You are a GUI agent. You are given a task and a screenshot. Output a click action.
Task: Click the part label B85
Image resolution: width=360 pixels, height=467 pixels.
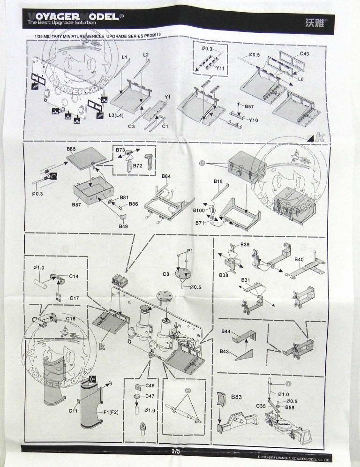[71, 149]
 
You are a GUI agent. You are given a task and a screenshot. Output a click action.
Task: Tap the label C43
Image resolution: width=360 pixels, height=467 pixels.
[304, 54]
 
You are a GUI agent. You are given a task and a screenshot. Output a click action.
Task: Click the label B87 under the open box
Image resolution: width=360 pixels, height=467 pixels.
[77, 205]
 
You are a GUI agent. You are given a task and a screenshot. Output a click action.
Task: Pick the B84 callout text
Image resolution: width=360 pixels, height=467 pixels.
[166, 176]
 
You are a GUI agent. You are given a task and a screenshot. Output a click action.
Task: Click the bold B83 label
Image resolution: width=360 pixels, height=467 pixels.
[237, 397]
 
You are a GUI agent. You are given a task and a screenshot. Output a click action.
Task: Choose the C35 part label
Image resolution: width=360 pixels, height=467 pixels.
[261, 406]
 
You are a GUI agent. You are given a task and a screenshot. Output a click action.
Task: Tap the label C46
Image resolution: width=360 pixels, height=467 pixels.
[150, 385]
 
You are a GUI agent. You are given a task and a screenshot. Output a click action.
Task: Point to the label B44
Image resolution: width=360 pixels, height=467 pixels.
[226, 331]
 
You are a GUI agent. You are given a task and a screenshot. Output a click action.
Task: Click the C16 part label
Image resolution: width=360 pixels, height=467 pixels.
[71, 319]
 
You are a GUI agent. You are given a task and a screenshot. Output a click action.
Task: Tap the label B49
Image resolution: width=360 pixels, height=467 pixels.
[123, 226]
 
